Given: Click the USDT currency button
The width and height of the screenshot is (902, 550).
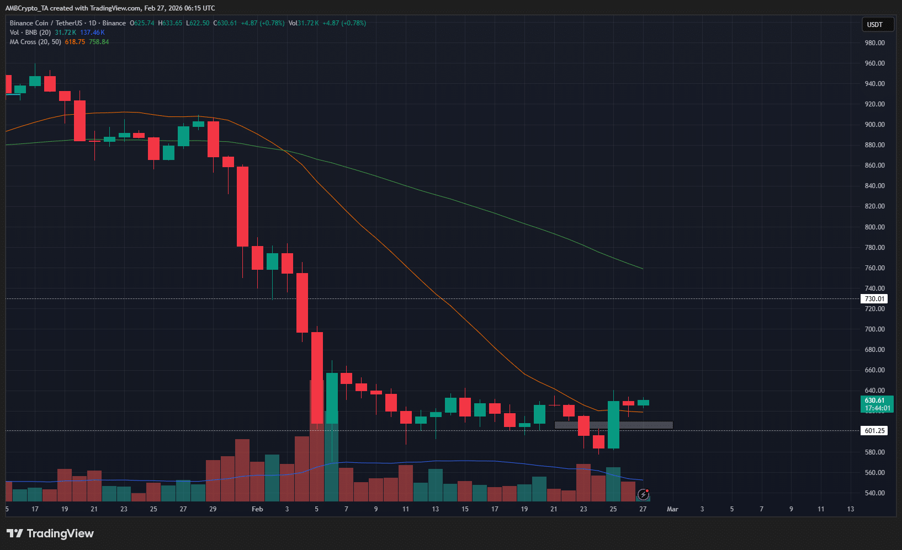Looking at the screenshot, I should (x=874, y=25).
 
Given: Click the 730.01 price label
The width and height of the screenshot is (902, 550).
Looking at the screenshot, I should (x=874, y=299).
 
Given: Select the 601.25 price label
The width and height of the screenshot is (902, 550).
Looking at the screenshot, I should (x=874, y=431).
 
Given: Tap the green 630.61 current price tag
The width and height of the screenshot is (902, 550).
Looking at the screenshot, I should (x=877, y=401).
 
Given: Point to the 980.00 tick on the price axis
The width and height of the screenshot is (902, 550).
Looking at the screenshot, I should (x=874, y=43).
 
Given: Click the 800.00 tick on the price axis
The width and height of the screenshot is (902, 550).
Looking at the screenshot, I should (x=874, y=227).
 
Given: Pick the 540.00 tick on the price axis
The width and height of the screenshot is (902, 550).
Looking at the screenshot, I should (x=874, y=493).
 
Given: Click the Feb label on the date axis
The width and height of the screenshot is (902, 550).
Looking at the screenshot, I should (x=257, y=509).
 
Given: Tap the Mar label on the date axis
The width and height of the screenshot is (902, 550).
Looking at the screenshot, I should (x=672, y=509).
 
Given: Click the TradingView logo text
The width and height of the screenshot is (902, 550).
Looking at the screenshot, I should (x=60, y=533).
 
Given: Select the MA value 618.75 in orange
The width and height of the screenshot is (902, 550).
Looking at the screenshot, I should (x=75, y=42).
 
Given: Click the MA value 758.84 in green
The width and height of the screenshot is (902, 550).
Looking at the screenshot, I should (x=99, y=42).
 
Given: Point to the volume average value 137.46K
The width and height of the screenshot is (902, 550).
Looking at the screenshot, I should (x=92, y=33).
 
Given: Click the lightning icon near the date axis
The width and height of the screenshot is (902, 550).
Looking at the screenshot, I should (x=643, y=494).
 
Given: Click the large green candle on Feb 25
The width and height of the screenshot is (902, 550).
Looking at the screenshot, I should (x=613, y=425).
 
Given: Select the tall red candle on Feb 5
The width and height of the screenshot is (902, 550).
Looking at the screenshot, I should (x=317, y=378).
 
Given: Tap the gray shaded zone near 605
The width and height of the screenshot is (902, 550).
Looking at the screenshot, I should (x=613, y=425).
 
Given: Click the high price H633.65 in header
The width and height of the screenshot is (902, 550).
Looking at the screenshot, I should (x=170, y=23).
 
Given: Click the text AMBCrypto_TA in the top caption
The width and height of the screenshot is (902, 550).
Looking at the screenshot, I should (x=26, y=8).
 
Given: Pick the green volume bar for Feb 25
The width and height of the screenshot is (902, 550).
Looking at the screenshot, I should (x=613, y=484).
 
